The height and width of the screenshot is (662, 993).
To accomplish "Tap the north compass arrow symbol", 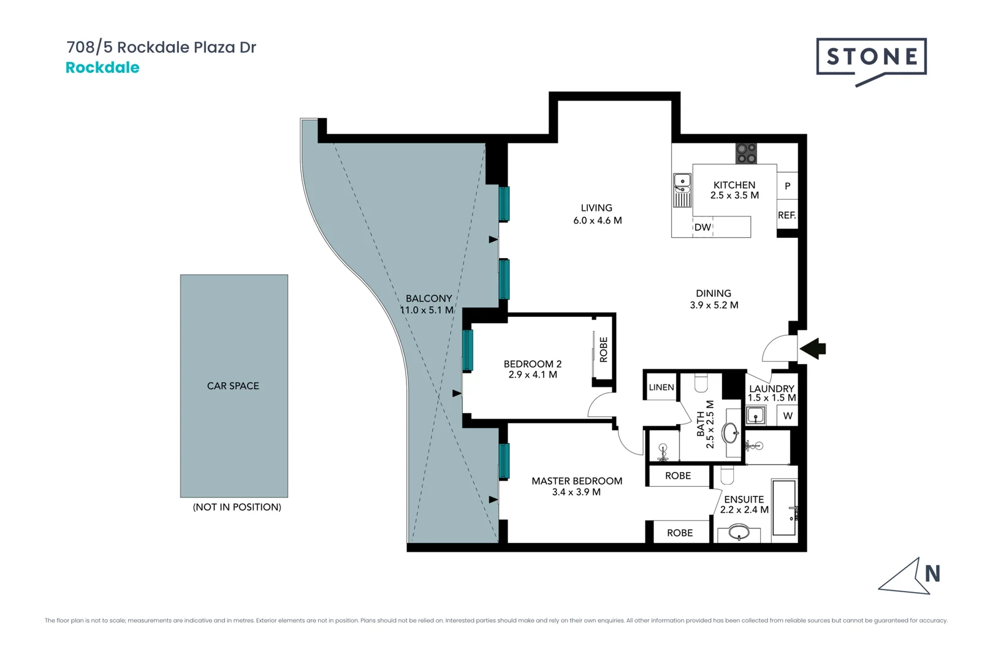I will coord(911,578).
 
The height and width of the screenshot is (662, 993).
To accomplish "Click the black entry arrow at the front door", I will coord(813,348).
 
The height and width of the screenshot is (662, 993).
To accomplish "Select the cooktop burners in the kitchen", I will coord(746,153).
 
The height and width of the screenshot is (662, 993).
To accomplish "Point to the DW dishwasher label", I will coord(702,227).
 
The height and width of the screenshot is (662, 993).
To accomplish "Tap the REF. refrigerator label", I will coord(786,215).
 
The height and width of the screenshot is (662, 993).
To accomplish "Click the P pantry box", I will coord(787,186).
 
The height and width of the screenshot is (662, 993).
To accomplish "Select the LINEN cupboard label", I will coord(661,387).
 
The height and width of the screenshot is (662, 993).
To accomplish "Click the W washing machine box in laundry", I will coord(788,416).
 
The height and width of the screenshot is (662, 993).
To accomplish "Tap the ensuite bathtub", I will coord(784,508).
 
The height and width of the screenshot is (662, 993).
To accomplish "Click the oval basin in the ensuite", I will coord(739,533).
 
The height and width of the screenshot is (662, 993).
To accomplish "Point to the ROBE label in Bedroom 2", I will coord(604,349).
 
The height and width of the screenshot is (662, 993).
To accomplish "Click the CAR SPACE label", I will coord(233,386).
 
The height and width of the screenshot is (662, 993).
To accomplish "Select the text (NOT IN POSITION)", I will coord(237,507).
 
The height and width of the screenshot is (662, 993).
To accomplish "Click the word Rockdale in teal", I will coord(102,67).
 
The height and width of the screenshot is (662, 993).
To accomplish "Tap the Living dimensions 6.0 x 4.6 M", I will coord(597,221).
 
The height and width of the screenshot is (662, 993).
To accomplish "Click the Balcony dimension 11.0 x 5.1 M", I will coord(427,310).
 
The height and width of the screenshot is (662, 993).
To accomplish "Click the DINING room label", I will coord(713,293).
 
